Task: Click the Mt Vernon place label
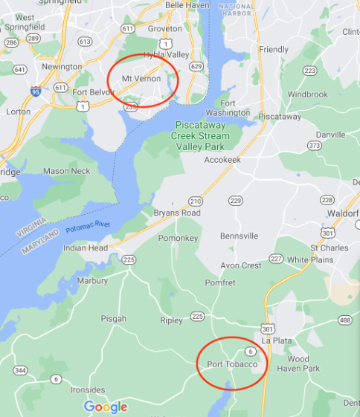click(x=141, y=78)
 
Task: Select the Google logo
click(x=105, y=407)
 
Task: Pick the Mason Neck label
click(x=66, y=171)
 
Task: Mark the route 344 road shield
click(x=20, y=369)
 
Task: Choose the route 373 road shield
click(x=315, y=146)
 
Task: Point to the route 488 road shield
click(x=345, y=320)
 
